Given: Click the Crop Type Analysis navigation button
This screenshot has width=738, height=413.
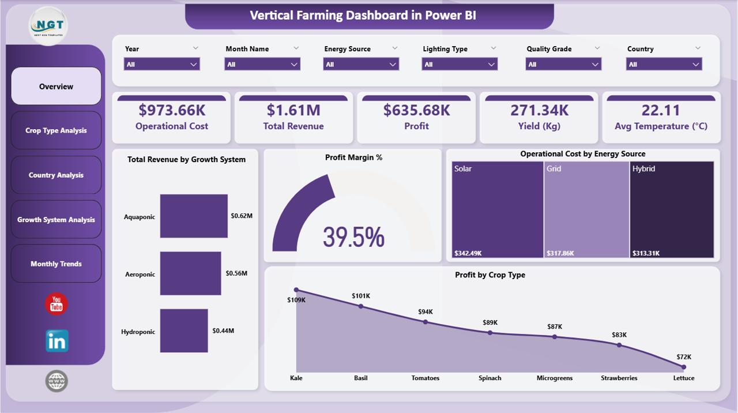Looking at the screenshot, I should point(56,130).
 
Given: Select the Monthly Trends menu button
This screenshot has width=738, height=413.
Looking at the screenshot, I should point(56,264).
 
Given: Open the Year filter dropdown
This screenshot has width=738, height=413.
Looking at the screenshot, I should point(162,64).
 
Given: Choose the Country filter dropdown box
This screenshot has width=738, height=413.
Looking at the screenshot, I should point(664,64).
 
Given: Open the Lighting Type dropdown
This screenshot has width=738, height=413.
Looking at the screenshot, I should point(460,64).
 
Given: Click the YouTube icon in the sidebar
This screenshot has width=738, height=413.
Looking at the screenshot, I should point(57,304).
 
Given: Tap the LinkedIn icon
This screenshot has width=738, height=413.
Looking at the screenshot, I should point(57,341).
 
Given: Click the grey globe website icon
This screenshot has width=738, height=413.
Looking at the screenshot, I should point(57,381).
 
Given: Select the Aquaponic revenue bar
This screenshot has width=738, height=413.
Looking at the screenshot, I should point(194,216).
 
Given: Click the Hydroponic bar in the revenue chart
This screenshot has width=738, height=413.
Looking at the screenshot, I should point(184,331).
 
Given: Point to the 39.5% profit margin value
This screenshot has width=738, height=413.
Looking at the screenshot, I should point(353,236).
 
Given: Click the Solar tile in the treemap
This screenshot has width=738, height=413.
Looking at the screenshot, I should point(497,209).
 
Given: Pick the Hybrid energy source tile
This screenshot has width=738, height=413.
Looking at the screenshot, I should point(672,209).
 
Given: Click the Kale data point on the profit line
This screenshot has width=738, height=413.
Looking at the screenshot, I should point(296,290).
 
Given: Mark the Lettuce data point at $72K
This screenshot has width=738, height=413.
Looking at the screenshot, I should point(684,366).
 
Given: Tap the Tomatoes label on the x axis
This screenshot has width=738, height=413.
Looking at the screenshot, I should point(426,378).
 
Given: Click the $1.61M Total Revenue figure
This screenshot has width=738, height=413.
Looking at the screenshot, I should point(293,110).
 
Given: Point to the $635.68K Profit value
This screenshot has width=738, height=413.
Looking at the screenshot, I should point(416,110).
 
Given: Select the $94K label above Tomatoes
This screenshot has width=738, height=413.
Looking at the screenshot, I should point(426,312).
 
